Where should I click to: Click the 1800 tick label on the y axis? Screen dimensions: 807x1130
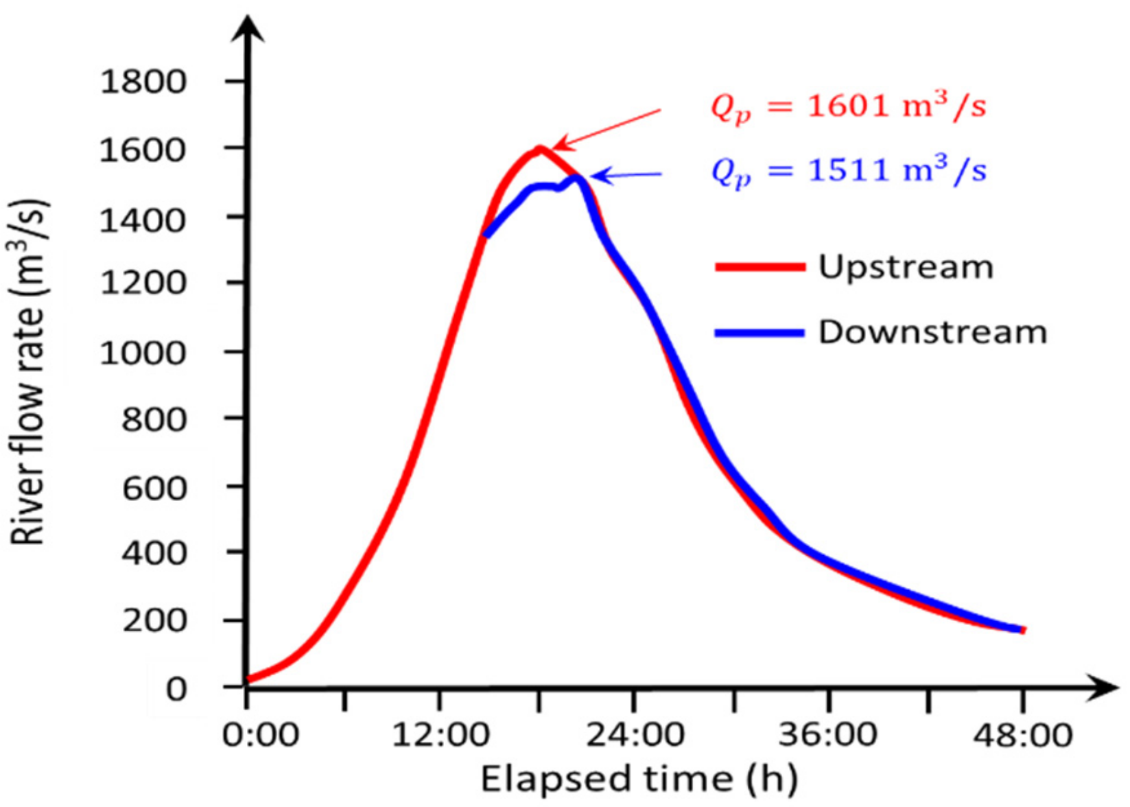point(143,82)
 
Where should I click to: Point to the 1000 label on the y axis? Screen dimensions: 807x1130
point(143,353)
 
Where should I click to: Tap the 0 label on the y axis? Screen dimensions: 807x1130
point(176,688)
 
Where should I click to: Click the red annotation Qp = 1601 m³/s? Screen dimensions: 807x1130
point(848,107)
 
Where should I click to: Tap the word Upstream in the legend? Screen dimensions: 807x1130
point(906,267)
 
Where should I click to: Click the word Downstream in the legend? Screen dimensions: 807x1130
point(932,332)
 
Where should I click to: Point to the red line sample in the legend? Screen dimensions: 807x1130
point(760,267)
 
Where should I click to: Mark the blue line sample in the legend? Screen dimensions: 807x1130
point(760,333)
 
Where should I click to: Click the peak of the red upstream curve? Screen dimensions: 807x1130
point(541,148)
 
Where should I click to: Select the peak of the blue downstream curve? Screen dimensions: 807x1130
point(577,178)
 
